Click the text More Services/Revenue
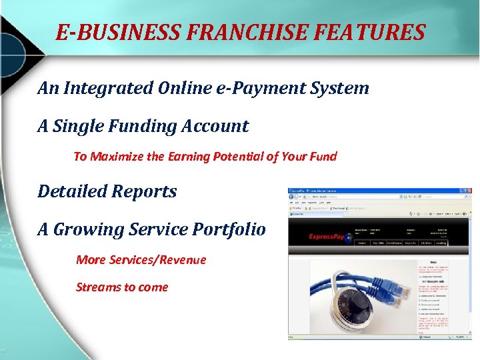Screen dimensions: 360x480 pyautogui.click(x=141, y=259)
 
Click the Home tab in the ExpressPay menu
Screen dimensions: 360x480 pyautogui.click(x=362, y=243)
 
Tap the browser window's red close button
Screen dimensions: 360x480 pyautogui.click(x=468, y=191)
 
